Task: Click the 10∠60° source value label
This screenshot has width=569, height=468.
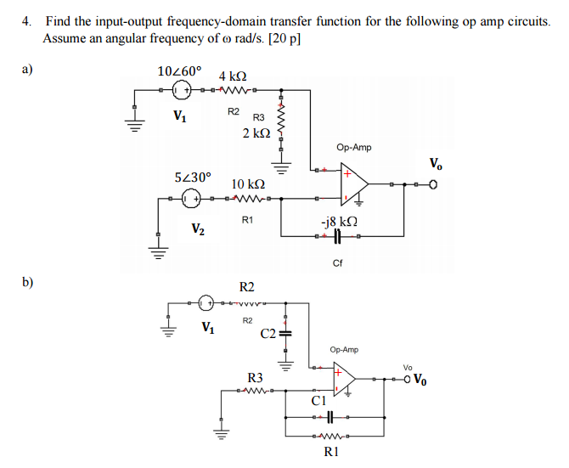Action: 180,70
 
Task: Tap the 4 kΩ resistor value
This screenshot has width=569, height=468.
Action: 234,76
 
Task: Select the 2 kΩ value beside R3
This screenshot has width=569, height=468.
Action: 256,133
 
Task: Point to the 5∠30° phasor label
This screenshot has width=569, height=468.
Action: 192,178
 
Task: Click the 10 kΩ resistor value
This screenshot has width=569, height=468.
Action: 248,183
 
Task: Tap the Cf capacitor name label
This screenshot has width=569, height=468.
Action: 338,262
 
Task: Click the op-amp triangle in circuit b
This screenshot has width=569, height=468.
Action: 343,379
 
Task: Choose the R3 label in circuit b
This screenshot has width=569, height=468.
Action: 255,377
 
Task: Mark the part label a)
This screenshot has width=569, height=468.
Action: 28,70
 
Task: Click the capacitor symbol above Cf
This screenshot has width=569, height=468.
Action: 337,246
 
